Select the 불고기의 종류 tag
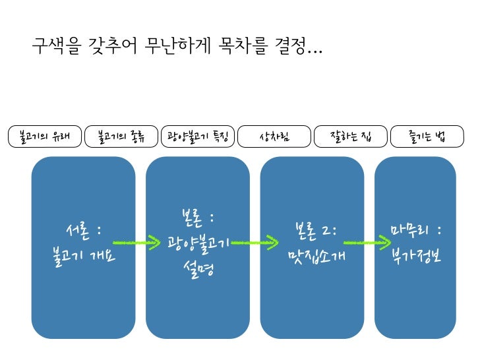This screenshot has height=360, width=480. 121,136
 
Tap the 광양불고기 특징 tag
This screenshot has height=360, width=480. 198,136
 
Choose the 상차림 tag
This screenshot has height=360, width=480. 274,136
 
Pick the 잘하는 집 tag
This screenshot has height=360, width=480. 351,136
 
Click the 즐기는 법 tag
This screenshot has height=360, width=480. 427,136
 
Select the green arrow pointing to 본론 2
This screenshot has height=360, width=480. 255,243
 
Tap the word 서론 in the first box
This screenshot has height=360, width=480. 74,231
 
